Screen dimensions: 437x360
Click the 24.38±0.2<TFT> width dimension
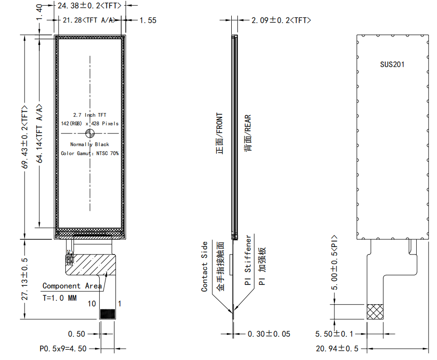[x=89, y=6]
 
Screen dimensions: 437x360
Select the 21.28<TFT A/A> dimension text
[x=89, y=20]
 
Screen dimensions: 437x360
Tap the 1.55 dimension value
[x=148, y=20]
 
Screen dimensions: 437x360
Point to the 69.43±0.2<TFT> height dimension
[x=25, y=137]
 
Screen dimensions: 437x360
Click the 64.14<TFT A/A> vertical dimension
[x=39, y=133]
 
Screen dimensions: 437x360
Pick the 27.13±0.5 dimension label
[x=25, y=279]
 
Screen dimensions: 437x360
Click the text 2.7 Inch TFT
[x=90, y=115]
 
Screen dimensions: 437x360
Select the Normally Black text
[x=90, y=144]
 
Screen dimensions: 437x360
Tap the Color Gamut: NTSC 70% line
[x=90, y=153]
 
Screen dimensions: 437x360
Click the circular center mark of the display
[x=90, y=133]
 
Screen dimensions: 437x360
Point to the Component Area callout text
[x=72, y=286]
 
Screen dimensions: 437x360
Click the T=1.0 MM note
[x=60, y=298]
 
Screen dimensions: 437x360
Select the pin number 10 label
[x=92, y=304]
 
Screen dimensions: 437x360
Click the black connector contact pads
[x=107, y=314]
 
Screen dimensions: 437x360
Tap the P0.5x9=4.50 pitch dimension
[x=63, y=349]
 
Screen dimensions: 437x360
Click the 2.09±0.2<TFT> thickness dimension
[x=281, y=20]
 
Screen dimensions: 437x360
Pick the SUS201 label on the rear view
[x=392, y=64]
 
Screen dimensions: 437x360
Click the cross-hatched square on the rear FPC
[x=375, y=312]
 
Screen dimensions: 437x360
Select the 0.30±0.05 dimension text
[x=269, y=334]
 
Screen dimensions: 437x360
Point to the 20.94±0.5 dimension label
[x=337, y=349]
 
